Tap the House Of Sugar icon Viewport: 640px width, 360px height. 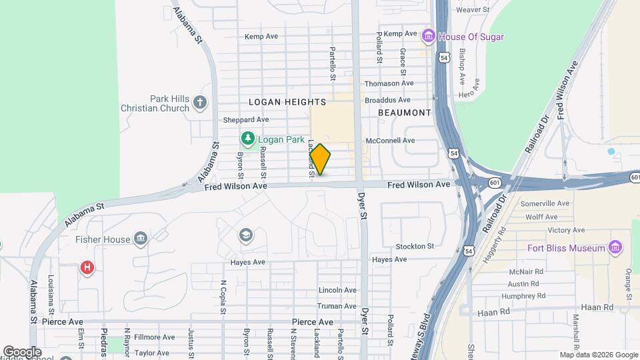point(429,35)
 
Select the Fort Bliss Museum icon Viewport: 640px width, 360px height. point(615,249)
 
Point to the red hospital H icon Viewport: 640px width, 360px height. point(87,268)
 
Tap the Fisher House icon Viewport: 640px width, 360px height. point(140,238)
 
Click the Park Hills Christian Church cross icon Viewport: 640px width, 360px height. point(200,103)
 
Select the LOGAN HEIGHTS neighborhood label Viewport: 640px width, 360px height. point(287,102)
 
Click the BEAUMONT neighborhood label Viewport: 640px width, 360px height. point(405,113)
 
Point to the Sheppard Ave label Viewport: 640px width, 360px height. point(246,120)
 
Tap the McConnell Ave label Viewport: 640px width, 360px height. point(390,141)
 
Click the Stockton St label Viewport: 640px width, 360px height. point(415,246)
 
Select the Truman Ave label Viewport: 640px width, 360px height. point(337,306)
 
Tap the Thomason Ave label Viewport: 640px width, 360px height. point(389,83)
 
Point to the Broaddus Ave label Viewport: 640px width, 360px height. point(388,100)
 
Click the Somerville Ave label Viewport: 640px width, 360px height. point(545,203)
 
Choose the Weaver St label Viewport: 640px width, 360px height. point(472,10)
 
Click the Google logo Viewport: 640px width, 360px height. point(22,352)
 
